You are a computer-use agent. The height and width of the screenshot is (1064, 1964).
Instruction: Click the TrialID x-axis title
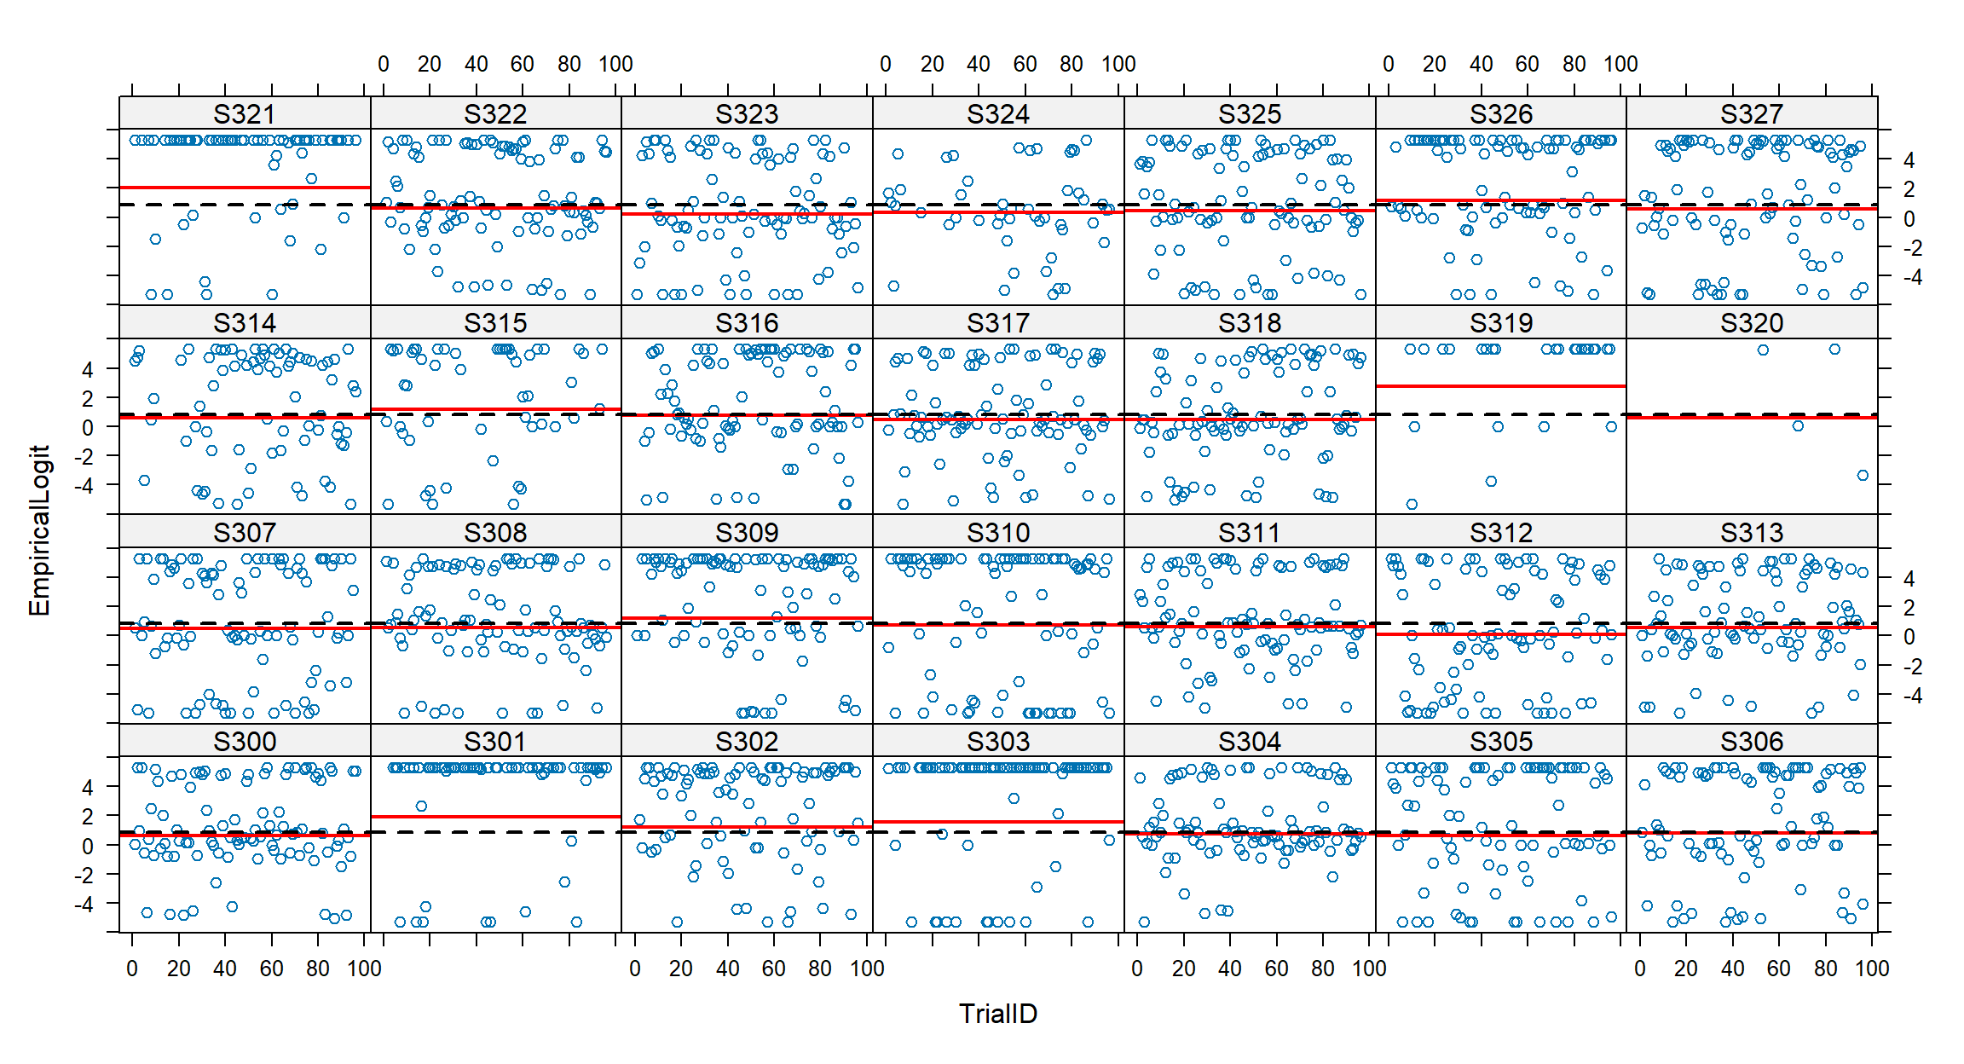997,1014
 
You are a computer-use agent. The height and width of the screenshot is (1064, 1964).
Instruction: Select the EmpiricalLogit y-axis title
39,530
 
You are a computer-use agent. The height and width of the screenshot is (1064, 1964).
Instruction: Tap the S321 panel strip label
245,114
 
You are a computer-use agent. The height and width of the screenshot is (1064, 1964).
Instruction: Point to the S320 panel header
1752,323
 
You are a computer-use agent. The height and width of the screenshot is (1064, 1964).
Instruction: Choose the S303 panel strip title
998,742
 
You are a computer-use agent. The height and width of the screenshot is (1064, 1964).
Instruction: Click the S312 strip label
1500,533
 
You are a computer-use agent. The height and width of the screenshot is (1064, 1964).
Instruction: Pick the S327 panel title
1752,114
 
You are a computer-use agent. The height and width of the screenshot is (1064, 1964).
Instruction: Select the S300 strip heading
245,742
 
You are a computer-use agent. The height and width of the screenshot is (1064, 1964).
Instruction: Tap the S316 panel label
747,323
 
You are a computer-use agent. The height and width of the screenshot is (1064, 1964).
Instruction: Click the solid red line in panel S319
1500,386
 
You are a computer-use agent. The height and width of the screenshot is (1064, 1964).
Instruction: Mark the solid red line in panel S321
245,188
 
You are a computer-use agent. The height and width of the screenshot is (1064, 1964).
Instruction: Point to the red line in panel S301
495,817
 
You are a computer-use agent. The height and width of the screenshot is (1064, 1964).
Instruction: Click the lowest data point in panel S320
1863,476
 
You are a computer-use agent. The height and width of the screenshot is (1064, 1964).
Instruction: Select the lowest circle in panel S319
1412,505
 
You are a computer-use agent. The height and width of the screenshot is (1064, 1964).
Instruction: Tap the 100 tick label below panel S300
364,969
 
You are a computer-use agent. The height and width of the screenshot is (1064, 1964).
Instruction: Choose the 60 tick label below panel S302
773,969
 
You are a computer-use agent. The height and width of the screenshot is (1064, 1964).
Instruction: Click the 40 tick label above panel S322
476,65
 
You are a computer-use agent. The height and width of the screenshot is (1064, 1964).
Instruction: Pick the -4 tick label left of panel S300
83,904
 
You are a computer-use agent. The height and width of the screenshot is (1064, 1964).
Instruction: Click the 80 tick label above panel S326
1574,65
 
